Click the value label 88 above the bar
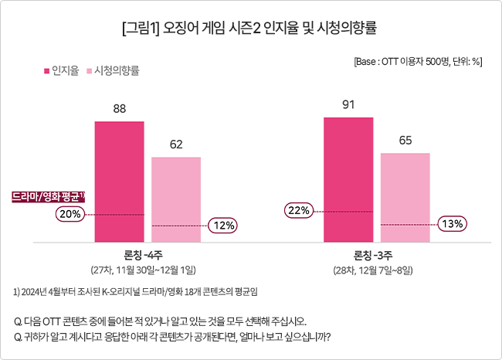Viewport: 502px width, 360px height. click(120, 109)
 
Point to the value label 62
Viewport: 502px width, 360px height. click(176, 144)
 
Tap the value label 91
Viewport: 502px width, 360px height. click(348, 104)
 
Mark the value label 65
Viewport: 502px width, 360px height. click(405, 141)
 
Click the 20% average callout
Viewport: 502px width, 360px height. click(70, 214)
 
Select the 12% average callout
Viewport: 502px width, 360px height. click(222, 226)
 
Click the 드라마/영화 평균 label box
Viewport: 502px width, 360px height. click(48, 197)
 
